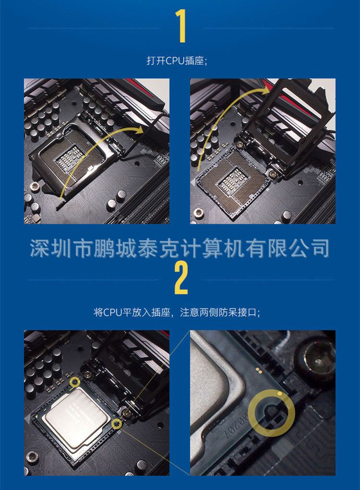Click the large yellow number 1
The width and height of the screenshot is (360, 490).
click(x=181, y=26)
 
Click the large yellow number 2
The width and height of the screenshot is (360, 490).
click(x=181, y=278)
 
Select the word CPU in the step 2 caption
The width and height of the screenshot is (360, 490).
click(x=112, y=312)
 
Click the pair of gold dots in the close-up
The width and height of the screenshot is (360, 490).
click(x=258, y=371)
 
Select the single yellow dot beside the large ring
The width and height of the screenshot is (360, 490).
click(x=279, y=393)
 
